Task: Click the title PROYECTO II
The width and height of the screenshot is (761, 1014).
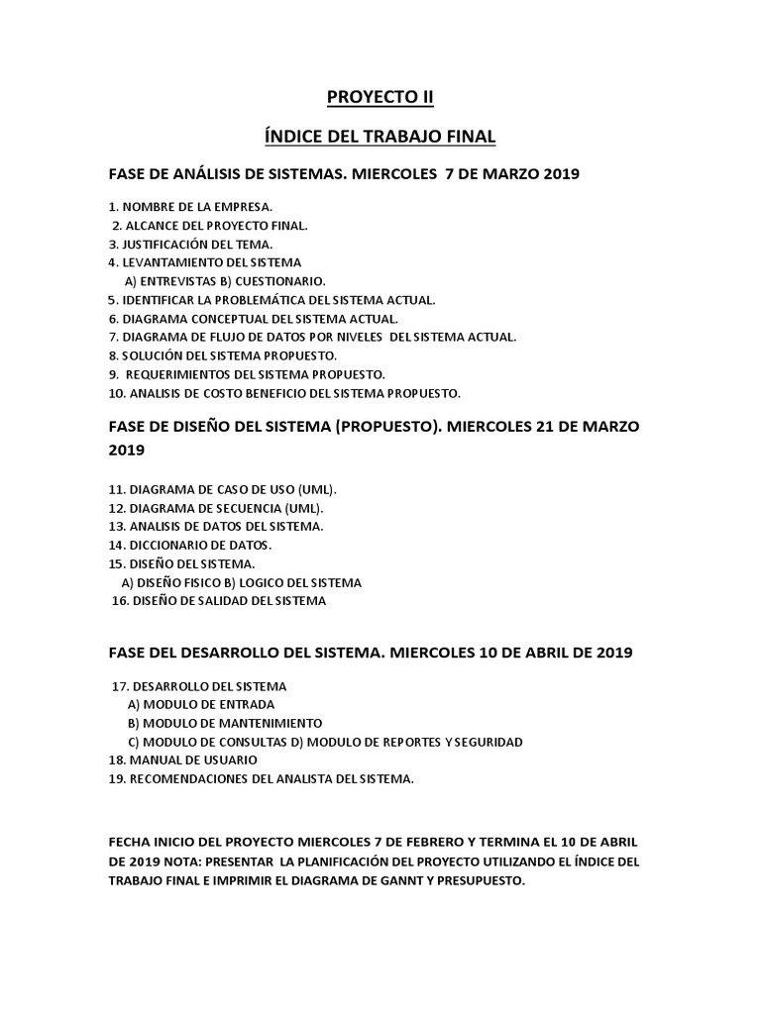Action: point(380,97)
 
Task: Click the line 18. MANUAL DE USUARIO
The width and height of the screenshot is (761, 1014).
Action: point(182,760)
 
